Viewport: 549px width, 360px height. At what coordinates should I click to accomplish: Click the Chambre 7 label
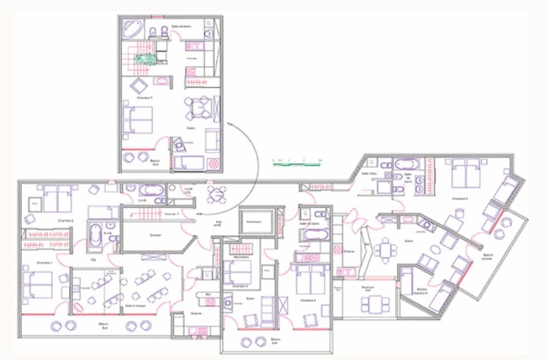tap(144, 98)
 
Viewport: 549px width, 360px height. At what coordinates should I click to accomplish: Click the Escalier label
tap(156, 235)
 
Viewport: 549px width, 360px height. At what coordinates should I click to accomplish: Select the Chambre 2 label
tap(66, 220)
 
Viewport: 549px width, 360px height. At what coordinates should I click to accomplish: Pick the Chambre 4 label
tap(309, 299)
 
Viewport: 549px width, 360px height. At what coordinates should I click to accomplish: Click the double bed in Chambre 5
tap(466, 173)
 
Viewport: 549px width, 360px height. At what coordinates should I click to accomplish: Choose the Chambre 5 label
tap(460, 198)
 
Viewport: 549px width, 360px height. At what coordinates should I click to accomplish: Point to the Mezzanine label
tap(240, 257)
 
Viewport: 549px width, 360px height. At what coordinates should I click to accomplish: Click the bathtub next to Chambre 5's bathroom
tap(406, 164)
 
